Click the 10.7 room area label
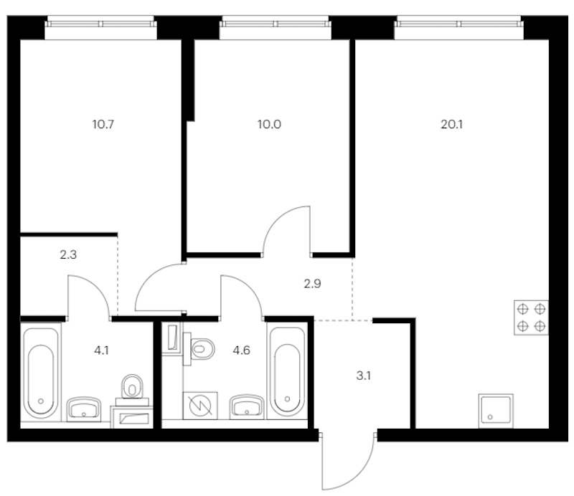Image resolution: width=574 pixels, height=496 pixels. (103, 125)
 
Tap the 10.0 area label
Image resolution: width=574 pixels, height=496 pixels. (269, 125)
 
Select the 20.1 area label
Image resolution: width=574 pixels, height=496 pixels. (452, 125)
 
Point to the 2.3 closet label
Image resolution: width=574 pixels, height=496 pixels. (68, 254)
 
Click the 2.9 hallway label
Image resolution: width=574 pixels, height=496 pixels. (312, 284)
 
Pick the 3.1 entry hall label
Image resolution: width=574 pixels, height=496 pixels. (364, 376)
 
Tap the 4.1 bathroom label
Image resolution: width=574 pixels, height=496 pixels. (101, 350)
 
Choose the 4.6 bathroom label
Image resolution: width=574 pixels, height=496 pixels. (241, 350)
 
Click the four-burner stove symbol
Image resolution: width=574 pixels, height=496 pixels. (531, 318)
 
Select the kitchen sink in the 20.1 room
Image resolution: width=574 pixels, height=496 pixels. (496, 411)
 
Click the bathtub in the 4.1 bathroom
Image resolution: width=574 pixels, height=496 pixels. (41, 373)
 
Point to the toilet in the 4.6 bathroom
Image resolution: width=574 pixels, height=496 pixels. (199, 348)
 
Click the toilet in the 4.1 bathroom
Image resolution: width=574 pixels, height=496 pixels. (132, 390)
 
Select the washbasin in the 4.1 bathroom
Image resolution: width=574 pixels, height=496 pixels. (83, 408)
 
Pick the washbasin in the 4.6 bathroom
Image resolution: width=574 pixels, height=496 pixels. (247, 406)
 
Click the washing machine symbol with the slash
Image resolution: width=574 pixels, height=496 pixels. (200, 405)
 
